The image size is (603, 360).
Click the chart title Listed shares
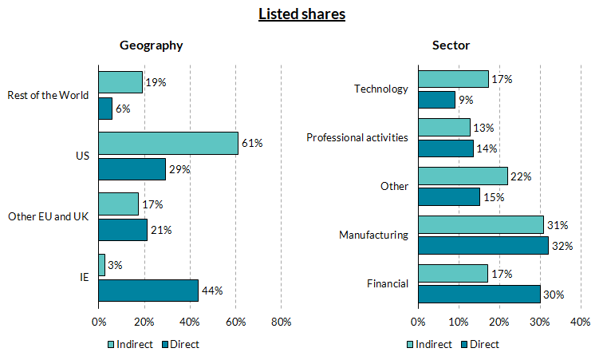click(301, 14)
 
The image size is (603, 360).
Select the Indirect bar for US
click(168, 143)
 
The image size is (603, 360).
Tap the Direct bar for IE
click(148, 290)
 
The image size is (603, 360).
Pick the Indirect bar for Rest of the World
click(120, 82)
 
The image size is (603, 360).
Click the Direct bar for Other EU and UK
click(123, 230)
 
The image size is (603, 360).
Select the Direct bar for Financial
click(479, 294)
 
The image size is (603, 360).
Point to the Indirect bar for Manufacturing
click(480, 225)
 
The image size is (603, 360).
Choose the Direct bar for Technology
click(436, 100)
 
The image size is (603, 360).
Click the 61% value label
click(253, 143)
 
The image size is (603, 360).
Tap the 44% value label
click(213, 291)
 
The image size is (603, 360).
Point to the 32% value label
click(564, 246)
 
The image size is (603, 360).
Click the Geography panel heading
click(152, 45)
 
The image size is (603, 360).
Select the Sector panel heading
click(451, 45)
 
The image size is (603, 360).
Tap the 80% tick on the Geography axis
click(281, 322)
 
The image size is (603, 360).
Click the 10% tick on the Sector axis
click(459, 322)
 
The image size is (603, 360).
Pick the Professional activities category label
click(357, 138)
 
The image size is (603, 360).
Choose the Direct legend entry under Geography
click(180, 344)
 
